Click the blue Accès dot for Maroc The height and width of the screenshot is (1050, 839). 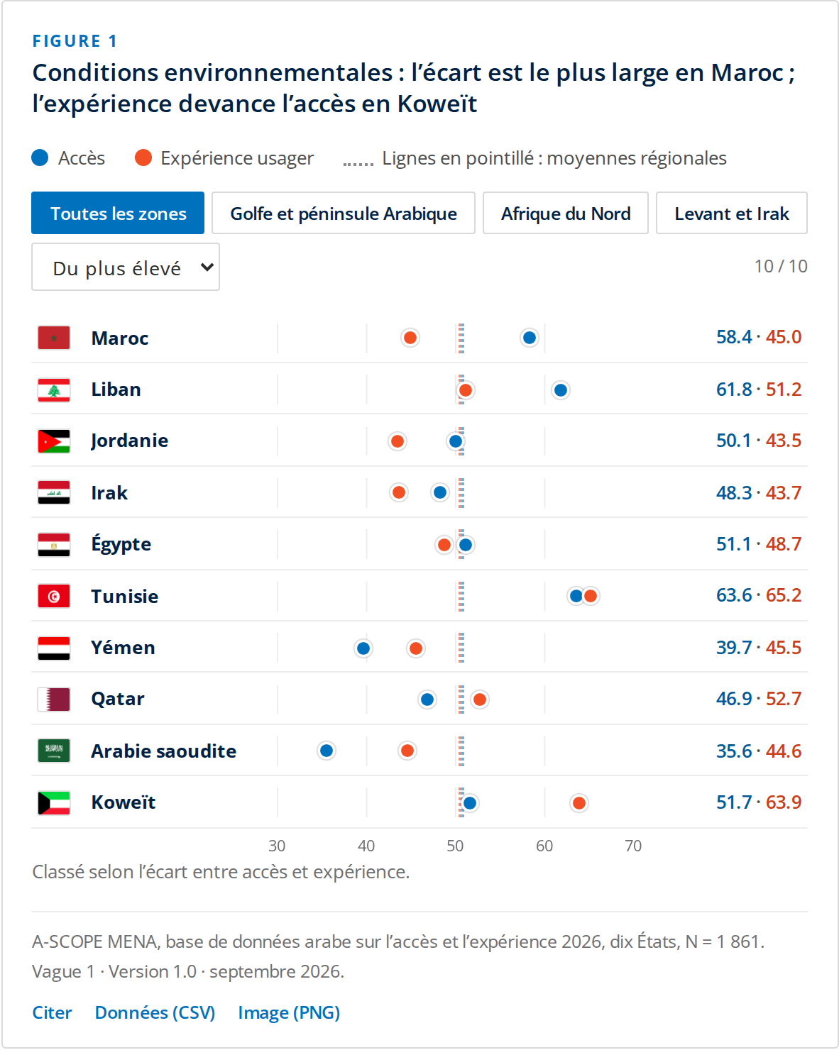coord(529,338)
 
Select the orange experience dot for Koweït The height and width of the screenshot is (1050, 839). coord(578,803)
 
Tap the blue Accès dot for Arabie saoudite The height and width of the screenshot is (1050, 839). coord(327,751)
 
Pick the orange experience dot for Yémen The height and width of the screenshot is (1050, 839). coord(415,648)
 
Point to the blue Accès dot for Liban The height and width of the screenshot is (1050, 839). coord(560,390)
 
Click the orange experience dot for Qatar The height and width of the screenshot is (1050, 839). coord(480,700)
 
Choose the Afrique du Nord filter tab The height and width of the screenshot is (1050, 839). coord(566,214)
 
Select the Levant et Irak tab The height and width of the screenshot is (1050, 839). coord(731,214)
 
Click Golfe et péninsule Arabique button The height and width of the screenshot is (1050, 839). coord(344,214)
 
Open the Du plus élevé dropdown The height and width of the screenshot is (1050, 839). coord(126,267)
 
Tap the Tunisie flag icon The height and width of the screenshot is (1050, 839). coord(54,596)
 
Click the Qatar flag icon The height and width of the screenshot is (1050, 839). coord(54,700)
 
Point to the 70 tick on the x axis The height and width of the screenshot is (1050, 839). coord(633,846)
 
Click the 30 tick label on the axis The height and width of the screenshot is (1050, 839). coord(277,846)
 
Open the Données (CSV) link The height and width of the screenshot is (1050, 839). coord(155,1013)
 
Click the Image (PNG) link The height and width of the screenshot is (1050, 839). coord(289,1013)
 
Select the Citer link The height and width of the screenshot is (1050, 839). coord(52,1013)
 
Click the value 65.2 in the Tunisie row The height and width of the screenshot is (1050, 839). coord(784,595)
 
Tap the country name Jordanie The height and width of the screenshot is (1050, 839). coord(129,441)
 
